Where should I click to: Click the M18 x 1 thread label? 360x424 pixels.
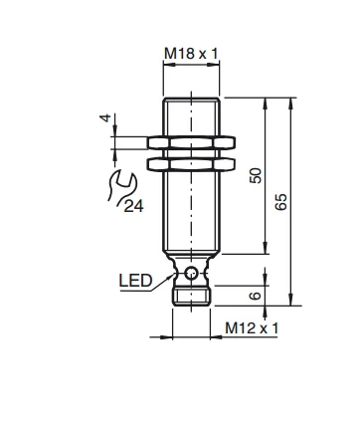pyautogui.click(x=191, y=54)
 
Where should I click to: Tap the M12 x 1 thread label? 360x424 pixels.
pyautogui.click(x=252, y=328)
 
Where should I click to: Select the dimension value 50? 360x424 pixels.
pyautogui.click(x=256, y=175)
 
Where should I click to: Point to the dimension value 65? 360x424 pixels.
pyautogui.click(x=281, y=202)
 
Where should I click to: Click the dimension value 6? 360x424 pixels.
pyautogui.click(x=256, y=296)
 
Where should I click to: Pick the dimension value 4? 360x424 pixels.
pyautogui.click(x=105, y=117)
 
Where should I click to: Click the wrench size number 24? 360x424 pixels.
pyautogui.click(x=134, y=206)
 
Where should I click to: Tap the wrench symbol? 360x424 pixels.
pyautogui.click(x=121, y=186)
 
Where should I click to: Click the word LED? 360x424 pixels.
pyautogui.click(x=135, y=281)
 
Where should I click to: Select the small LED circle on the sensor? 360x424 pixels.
pyautogui.click(x=191, y=273)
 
